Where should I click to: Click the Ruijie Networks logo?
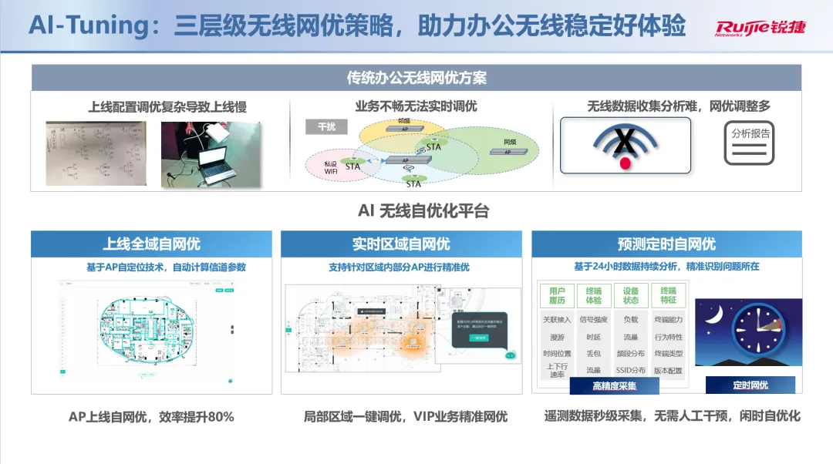(x=759, y=28)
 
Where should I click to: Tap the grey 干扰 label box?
(x=326, y=127)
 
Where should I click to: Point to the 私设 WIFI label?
(x=331, y=166)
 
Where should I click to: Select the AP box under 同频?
(x=508, y=152)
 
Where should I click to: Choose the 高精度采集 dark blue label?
(x=614, y=386)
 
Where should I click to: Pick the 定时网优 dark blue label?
(x=750, y=385)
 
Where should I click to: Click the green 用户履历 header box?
(x=557, y=295)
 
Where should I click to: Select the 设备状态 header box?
(x=630, y=295)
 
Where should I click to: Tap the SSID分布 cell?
(x=630, y=370)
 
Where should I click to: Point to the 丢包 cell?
(x=593, y=353)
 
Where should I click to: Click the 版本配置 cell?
(x=668, y=370)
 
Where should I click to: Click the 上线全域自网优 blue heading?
(x=151, y=244)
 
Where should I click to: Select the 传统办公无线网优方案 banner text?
(x=416, y=78)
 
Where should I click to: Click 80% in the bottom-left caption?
(x=219, y=417)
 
